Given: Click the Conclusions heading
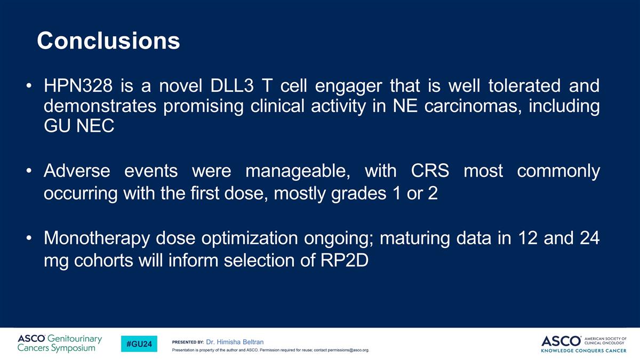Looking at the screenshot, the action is tap(108, 41).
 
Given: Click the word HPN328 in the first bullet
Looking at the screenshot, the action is tap(78, 85).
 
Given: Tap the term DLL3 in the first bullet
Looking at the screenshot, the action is tap(231, 85).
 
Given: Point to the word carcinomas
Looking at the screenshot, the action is tap(473, 106).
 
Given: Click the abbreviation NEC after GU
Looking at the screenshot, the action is tap(95, 126).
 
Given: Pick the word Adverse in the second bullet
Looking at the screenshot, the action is tap(77, 171).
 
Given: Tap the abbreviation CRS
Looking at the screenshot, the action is tap(430, 171).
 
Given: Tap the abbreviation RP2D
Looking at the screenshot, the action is tap(345, 260).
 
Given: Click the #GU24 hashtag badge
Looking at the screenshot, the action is tap(139, 343).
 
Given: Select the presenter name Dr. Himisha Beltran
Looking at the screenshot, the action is tap(235, 342).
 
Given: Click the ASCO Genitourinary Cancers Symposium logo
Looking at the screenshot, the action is tap(60, 343).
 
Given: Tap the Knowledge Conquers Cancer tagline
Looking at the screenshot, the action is tap(583, 350).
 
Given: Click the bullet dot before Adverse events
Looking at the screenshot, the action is tap(29, 171).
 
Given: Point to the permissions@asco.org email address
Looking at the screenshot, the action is tap(348, 350).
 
